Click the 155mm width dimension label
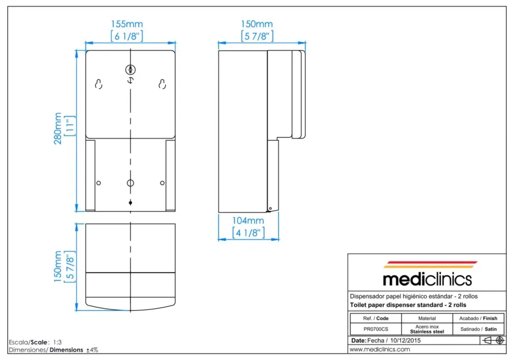(x=127, y=24)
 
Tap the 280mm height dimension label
(x=58, y=128)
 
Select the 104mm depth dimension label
(x=248, y=220)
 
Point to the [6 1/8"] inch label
(x=127, y=36)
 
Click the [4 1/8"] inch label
(x=248, y=233)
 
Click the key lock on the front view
(x=131, y=70)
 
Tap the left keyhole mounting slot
(x=99, y=84)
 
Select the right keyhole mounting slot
(x=162, y=84)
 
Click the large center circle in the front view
(x=131, y=183)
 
